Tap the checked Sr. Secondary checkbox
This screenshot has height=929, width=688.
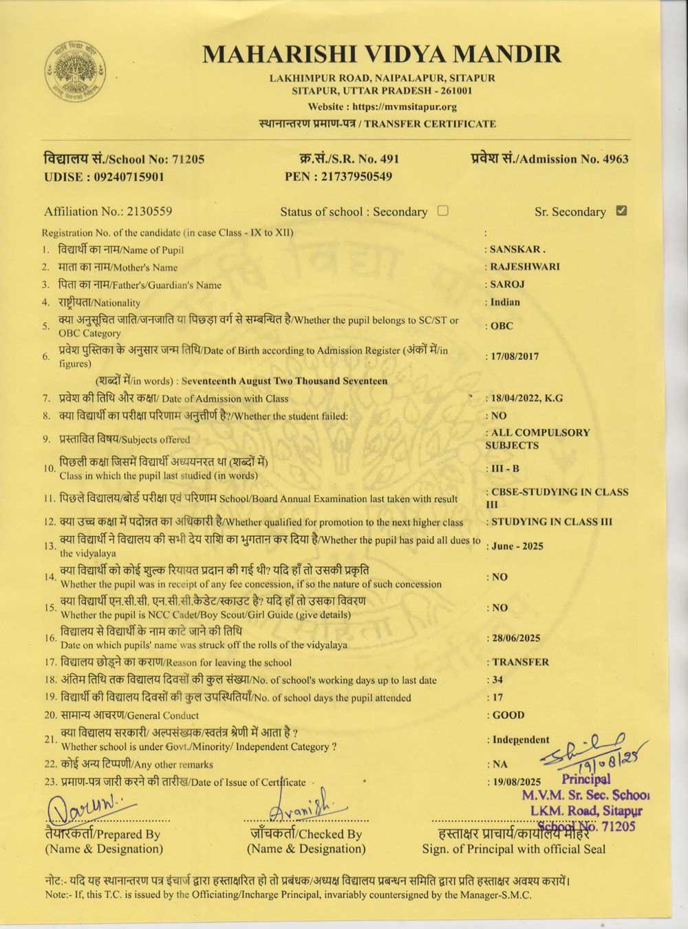click(x=622, y=211)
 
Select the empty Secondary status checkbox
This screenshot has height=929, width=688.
click(x=443, y=211)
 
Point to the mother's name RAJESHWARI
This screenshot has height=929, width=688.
click(x=525, y=266)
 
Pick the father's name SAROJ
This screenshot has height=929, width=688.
click(x=508, y=284)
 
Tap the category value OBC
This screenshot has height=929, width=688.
click(x=502, y=325)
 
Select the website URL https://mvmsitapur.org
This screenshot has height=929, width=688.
click(x=405, y=107)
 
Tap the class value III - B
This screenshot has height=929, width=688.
click(x=505, y=469)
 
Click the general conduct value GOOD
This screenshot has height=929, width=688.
click(x=508, y=715)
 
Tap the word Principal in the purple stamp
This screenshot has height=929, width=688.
click(x=585, y=780)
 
